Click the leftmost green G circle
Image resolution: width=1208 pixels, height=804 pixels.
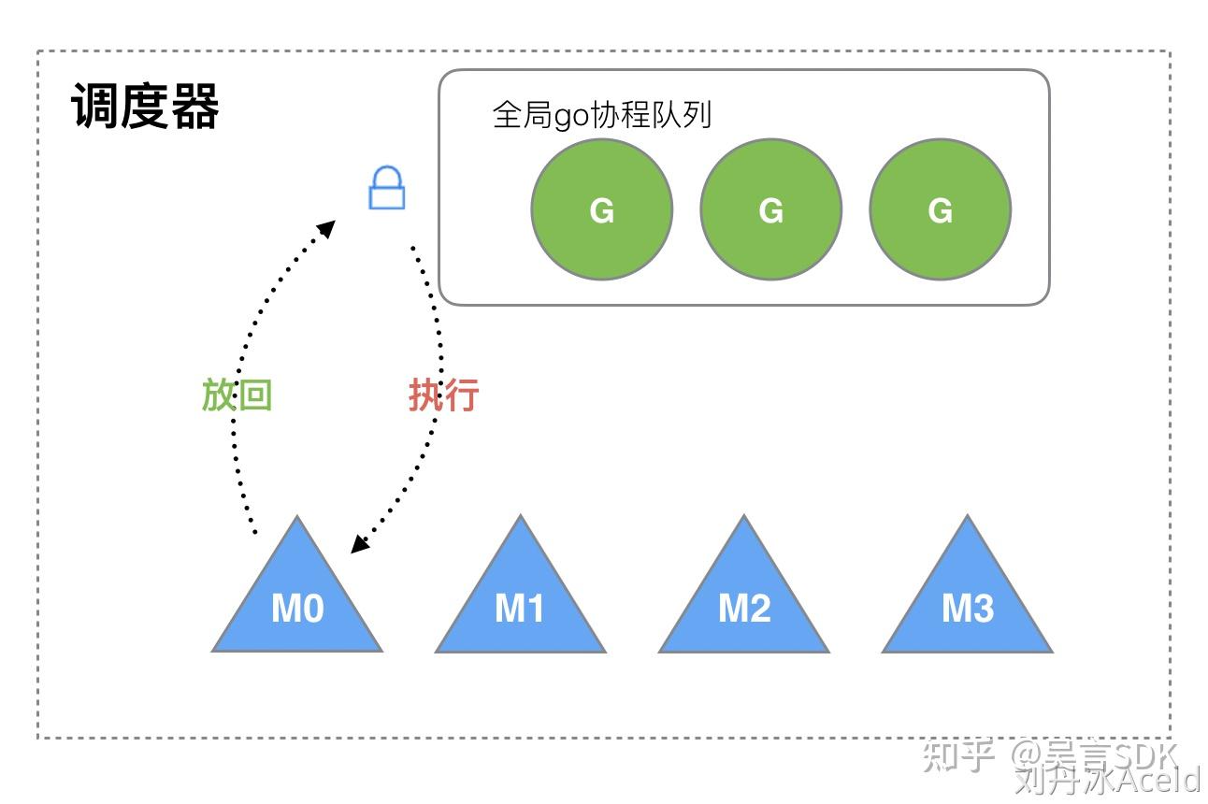click(x=602, y=209)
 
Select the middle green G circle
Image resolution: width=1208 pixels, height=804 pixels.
click(x=771, y=209)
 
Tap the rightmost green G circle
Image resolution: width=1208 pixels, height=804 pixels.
click(x=941, y=209)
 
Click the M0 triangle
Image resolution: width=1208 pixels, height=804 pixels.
click(x=297, y=598)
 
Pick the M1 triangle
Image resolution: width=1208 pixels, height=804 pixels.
click(x=521, y=598)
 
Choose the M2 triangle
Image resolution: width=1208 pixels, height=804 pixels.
click(x=744, y=598)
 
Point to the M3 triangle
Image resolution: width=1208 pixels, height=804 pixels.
click(x=968, y=598)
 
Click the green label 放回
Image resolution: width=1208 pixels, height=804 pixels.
click(x=237, y=395)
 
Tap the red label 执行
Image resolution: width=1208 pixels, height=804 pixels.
click(x=444, y=395)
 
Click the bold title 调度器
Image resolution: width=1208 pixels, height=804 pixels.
click(x=146, y=107)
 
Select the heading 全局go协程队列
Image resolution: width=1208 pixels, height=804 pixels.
click(x=602, y=115)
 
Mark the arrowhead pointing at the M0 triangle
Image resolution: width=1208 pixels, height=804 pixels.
click(x=357, y=544)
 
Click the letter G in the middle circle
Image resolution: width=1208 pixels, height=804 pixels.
click(x=771, y=210)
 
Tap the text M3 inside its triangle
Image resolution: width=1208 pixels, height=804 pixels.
click(x=968, y=610)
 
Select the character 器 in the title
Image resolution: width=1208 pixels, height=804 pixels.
click(x=195, y=107)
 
